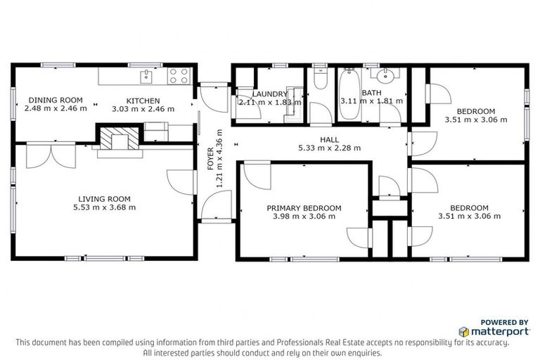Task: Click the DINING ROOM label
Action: pyautogui.click(x=55, y=100)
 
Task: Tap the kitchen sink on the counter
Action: pyautogui.click(x=147, y=74)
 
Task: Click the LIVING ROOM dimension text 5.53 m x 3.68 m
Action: pyautogui.click(x=104, y=207)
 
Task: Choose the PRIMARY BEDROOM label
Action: pyautogui.click(x=304, y=208)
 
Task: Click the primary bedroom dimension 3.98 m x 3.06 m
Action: pyautogui.click(x=304, y=217)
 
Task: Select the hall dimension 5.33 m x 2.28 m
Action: pyautogui.click(x=329, y=148)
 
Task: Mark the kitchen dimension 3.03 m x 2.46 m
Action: pyautogui.click(x=143, y=109)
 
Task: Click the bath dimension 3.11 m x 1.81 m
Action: pyautogui.click(x=371, y=101)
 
